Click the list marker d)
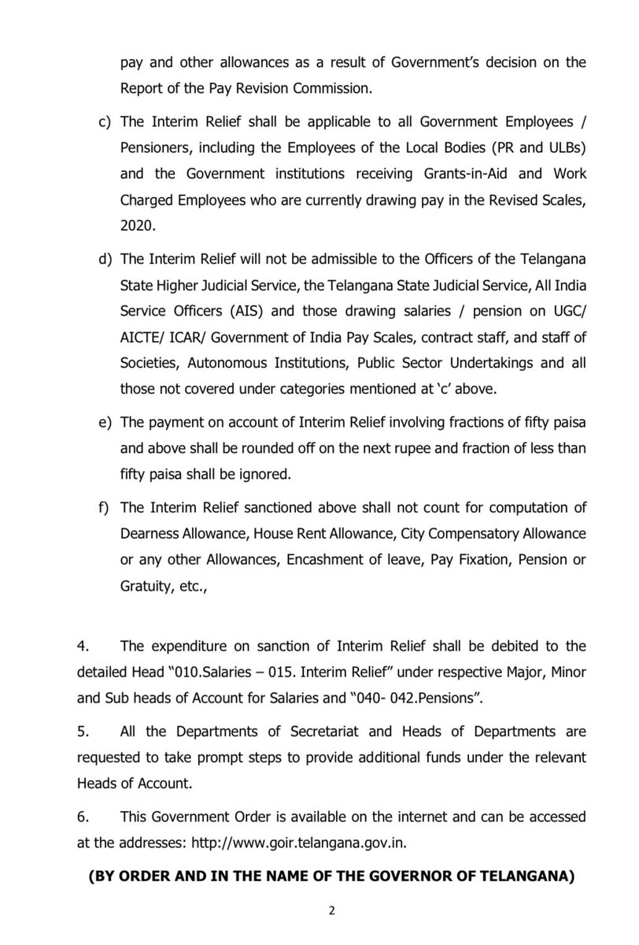click(x=104, y=260)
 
